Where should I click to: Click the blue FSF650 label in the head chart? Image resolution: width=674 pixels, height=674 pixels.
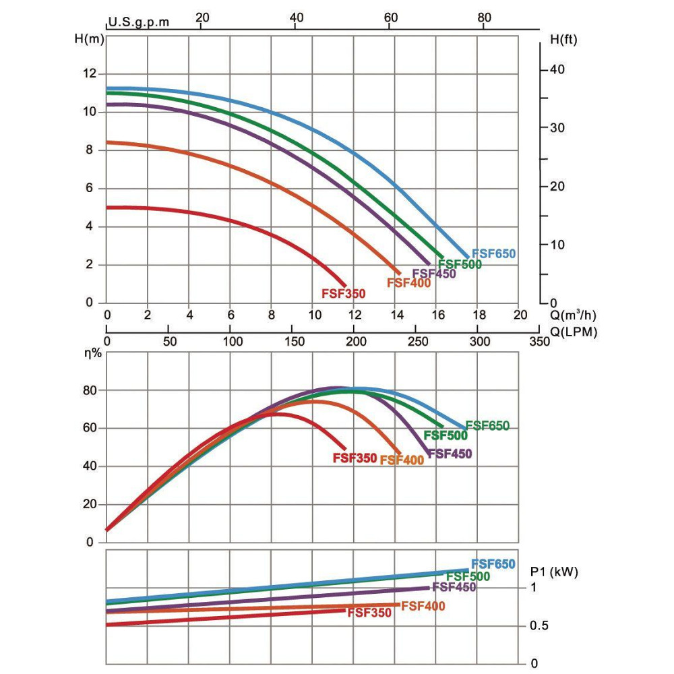coord(493,254)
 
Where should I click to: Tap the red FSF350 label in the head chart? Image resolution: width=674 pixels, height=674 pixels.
coord(343,293)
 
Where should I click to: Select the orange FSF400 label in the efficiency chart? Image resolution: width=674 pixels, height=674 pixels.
coord(402,460)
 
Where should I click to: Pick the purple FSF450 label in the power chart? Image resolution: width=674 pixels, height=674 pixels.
coord(454,587)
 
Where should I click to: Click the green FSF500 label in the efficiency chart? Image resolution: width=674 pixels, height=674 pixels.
coord(446,435)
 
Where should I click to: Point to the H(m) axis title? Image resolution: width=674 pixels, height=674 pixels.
coord(89,38)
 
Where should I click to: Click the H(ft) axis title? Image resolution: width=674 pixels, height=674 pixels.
coord(563,38)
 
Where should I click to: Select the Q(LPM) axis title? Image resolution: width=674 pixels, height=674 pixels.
coord(574,332)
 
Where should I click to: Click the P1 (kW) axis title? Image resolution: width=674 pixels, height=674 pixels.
coord(555,572)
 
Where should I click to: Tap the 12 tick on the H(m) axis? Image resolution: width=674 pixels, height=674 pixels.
coord(89,73)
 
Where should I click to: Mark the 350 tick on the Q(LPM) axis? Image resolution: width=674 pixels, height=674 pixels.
coord(540,342)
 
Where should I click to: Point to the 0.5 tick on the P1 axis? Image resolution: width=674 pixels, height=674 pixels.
coord(539,626)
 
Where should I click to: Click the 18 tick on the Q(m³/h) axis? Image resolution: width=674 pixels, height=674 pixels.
coord(478,314)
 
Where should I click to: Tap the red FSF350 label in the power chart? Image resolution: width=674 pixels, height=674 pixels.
coord(369,613)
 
